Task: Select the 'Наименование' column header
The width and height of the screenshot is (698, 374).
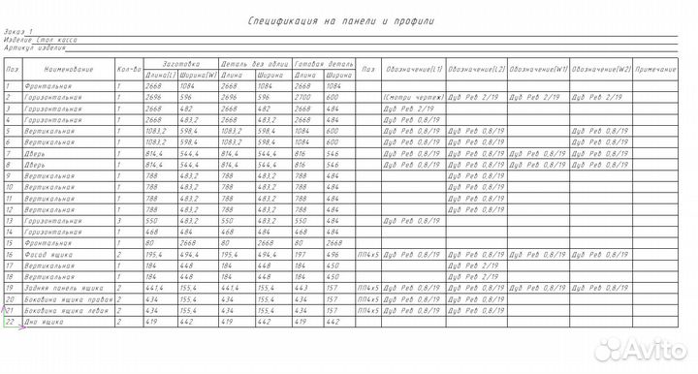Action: tap(69, 70)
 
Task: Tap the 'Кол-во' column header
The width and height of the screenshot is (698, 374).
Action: tap(130, 70)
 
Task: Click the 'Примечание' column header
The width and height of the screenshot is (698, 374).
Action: tap(659, 70)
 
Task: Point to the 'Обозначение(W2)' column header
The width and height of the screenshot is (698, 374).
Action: tap(601, 70)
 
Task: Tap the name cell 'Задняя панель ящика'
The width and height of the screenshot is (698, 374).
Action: tap(66, 288)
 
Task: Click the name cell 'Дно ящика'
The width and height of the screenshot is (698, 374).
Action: tap(48, 322)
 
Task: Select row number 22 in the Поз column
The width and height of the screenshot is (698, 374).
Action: tap(10, 322)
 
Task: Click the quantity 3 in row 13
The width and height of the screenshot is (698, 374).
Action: tap(118, 221)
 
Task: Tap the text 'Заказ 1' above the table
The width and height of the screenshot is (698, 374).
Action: tap(17, 32)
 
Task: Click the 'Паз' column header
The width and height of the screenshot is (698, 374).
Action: tap(368, 70)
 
